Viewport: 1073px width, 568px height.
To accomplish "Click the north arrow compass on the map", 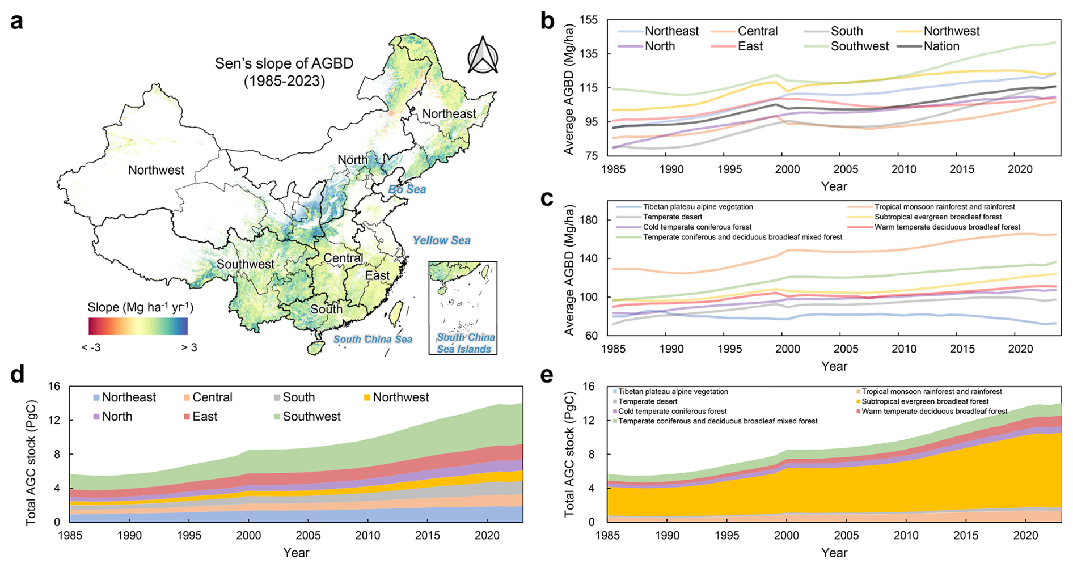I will point(482,56).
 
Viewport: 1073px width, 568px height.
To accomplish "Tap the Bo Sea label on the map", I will point(407,189).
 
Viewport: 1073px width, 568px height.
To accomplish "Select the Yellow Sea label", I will point(441,240).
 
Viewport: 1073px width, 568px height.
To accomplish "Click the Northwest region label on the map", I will point(156,170).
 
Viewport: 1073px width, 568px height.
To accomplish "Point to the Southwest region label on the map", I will point(245,264).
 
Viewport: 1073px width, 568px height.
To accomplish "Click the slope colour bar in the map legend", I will point(138,327).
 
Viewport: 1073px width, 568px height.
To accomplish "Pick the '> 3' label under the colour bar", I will point(189,347).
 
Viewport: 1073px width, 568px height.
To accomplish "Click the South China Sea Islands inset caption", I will point(465,344).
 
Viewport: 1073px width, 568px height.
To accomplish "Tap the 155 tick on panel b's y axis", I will point(589,20).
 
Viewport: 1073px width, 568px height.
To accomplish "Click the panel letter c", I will point(547,198).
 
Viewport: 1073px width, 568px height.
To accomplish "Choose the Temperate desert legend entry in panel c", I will point(672,217).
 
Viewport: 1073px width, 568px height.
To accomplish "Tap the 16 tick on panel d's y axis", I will point(54,387).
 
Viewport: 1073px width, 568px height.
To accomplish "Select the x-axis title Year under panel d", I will point(296,553).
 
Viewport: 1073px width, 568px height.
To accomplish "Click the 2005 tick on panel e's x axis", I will point(846,535).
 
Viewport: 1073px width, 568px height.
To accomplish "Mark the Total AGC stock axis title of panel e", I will point(569,455).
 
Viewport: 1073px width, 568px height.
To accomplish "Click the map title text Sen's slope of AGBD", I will point(284,63).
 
